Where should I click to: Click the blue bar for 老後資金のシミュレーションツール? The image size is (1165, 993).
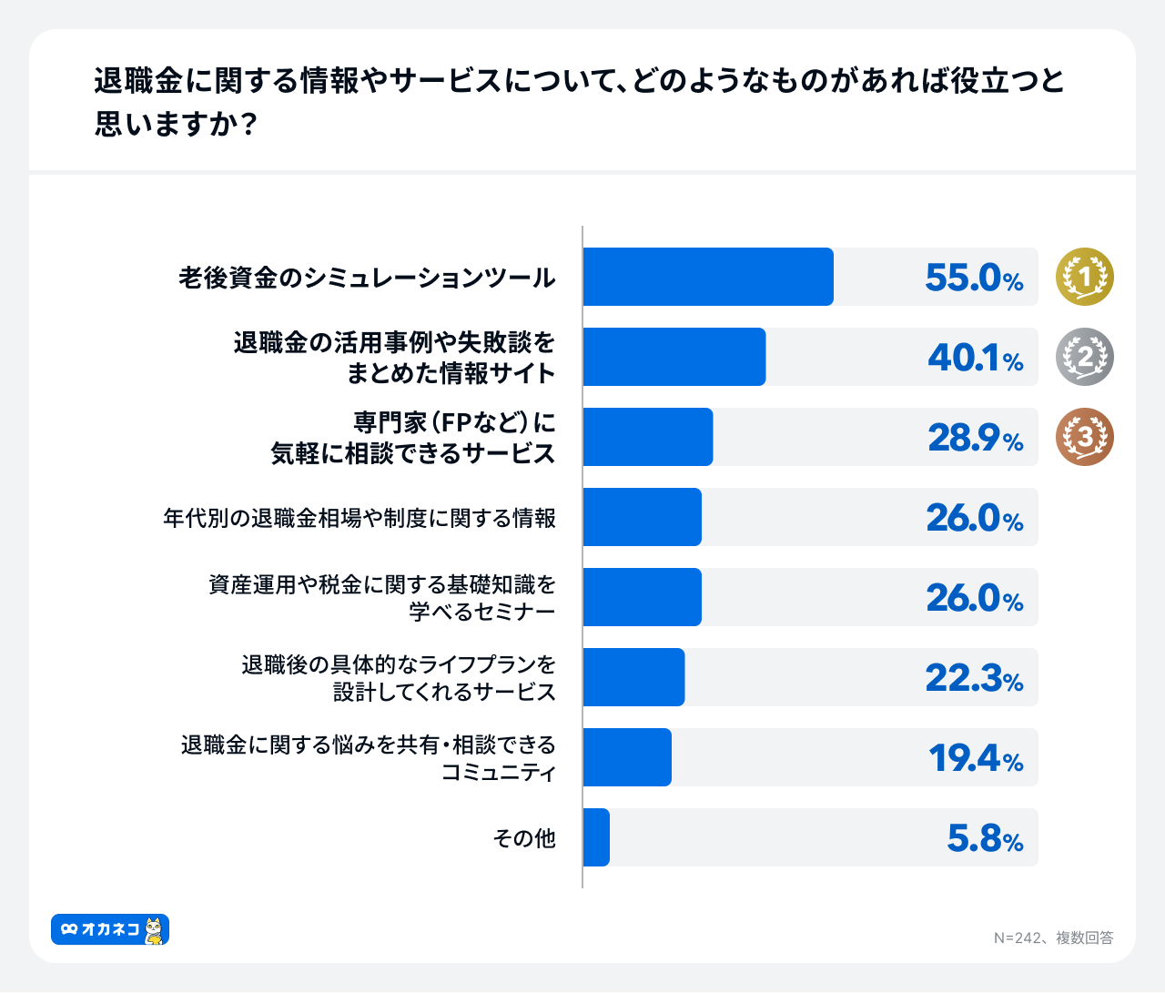coord(708,277)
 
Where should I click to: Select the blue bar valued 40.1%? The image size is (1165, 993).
coord(674,357)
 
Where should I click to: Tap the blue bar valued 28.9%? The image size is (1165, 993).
coord(648,437)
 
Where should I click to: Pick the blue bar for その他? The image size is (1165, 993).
coord(596,837)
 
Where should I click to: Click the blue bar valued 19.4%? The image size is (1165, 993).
coord(627,757)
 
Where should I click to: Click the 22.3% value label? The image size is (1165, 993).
coord(974,678)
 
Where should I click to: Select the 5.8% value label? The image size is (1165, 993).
coord(985,838)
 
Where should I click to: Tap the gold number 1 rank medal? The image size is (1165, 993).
coord(1085,277)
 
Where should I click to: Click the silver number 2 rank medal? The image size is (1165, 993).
coord(1085,357)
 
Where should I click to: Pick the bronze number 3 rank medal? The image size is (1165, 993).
coord(1085,437)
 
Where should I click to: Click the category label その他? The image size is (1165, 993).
coord(524,837)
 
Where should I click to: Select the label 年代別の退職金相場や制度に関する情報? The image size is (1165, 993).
coord(360,518)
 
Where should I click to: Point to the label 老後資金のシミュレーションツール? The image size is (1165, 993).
coord(367,278)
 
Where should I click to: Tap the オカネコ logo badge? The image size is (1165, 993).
coord(100,929)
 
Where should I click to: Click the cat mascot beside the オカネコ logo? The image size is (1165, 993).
coord(155,929)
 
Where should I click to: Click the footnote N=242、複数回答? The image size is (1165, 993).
coord(1053,937)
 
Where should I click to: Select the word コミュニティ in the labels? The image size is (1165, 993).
coord(499,773)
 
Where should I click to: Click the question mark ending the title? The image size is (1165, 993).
coord(247,125)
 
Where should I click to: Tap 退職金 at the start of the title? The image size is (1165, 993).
coord(124,81)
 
